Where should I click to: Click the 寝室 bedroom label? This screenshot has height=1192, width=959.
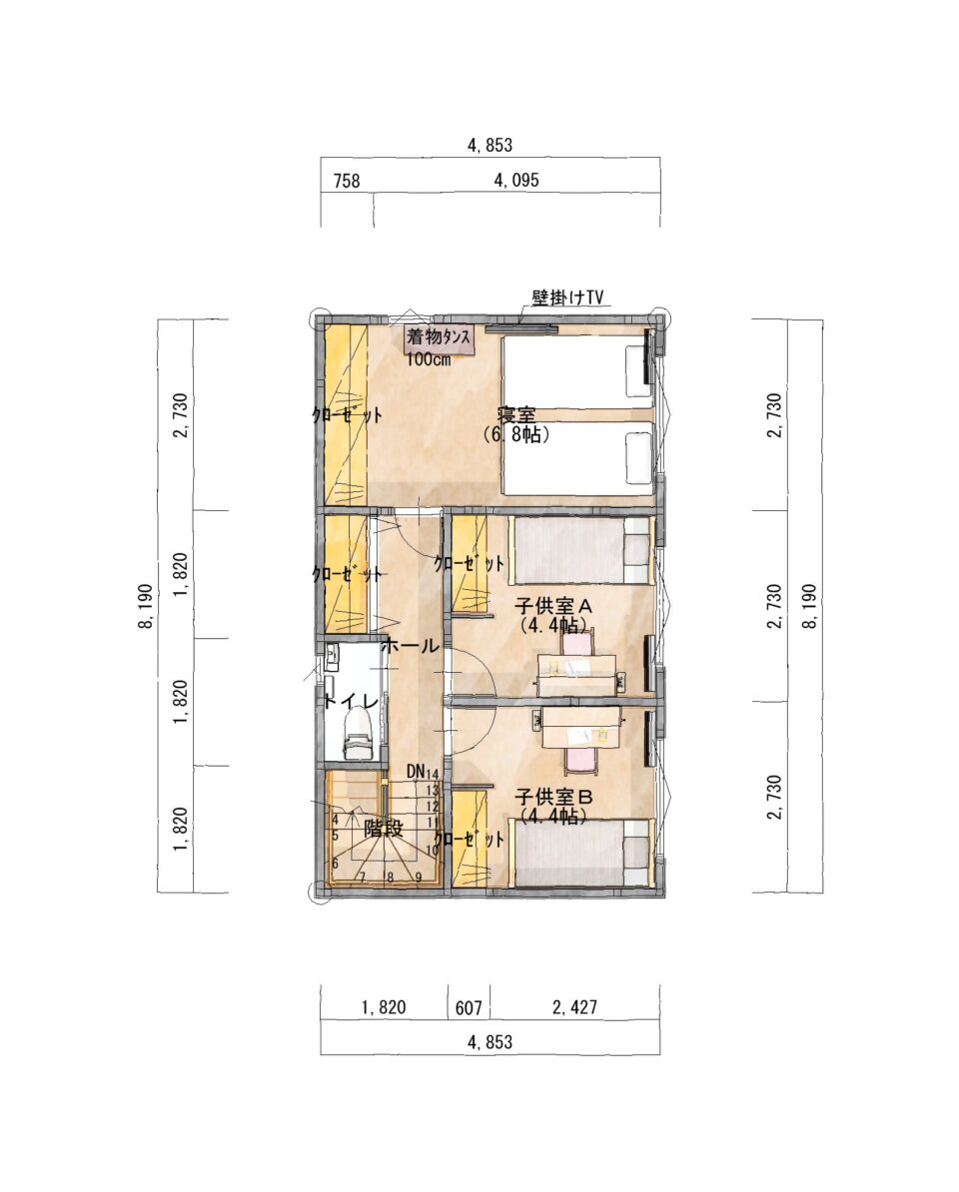tap(516, 416)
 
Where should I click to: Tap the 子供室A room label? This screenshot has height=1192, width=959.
tap(552, 607)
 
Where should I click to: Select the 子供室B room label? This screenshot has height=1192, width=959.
tap(552, 798)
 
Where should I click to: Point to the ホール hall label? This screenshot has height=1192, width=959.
tap(410, 646)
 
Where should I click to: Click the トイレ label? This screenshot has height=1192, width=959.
tap(351, 702)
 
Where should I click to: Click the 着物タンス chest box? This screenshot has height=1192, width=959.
tap(440, 339)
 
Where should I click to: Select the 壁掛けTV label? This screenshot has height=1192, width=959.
tap(567, 298)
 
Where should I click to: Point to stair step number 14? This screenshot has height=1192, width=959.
tap(433, 773)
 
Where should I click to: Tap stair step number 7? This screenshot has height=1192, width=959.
tap(363, 878)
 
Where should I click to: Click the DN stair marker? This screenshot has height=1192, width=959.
tap(416, 772)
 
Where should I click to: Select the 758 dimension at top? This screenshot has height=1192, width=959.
tap(346, 182)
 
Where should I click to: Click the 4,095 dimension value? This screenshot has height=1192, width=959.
tap(516, 180)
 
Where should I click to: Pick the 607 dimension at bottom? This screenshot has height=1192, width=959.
tap(469, 1008)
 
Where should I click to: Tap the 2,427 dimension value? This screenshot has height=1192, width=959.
tap(574, 1007)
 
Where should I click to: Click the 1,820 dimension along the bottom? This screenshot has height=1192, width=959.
tap(384, 1008)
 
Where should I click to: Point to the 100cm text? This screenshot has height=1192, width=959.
tap(428, 359)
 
